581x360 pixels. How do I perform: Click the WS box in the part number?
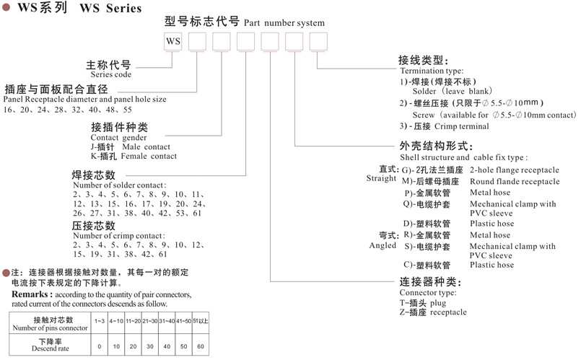[x=173, y=42]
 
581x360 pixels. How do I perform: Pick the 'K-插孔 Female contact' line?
[x=133, y=156]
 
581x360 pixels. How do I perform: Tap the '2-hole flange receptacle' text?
[x=514, y=170]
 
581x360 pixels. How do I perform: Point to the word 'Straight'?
[x=382, y=178]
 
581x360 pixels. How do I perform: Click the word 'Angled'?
[x=382, y=245]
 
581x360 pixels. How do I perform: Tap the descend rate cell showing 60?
[x=201, y=346]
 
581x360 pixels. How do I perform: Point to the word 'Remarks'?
[x=31, y=294]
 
